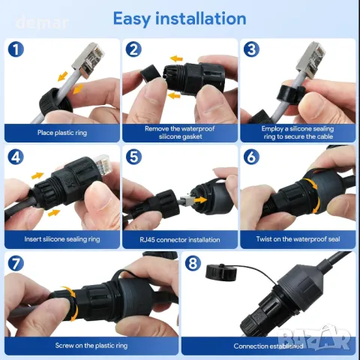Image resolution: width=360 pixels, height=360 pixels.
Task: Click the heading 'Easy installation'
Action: pos(179,18)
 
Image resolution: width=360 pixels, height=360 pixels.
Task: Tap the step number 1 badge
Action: pos(15,50)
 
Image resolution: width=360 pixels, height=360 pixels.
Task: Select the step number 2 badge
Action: pos(133,50)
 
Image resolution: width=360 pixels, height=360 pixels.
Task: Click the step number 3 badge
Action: pos(251,50)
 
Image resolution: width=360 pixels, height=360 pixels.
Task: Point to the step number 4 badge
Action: pos(15,158)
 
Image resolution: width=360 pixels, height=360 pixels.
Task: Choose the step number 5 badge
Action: pos(133,158)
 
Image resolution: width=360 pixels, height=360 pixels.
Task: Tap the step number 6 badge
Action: pos(251,158)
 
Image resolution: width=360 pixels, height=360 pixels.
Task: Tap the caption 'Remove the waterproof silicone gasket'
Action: pos(179,132)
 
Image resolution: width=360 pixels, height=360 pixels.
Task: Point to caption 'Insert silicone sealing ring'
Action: pos(62,239)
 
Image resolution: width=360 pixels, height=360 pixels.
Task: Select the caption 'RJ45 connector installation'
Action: pos(179,239)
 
